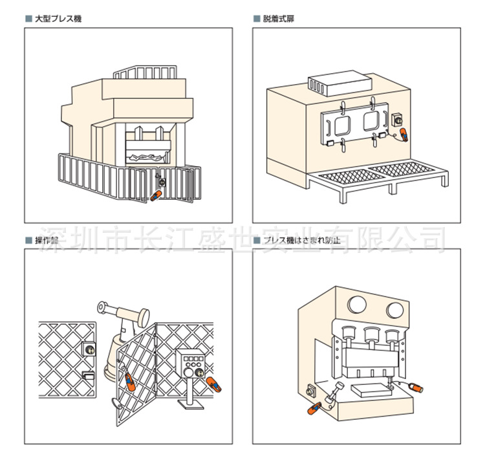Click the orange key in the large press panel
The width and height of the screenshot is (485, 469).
click(x=155, y=195)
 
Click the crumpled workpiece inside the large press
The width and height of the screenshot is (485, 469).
click(x=148, y=157)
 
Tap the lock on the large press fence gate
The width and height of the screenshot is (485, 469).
click(x=161, y=183)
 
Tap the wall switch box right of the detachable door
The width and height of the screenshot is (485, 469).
click(x=398, y=119)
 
